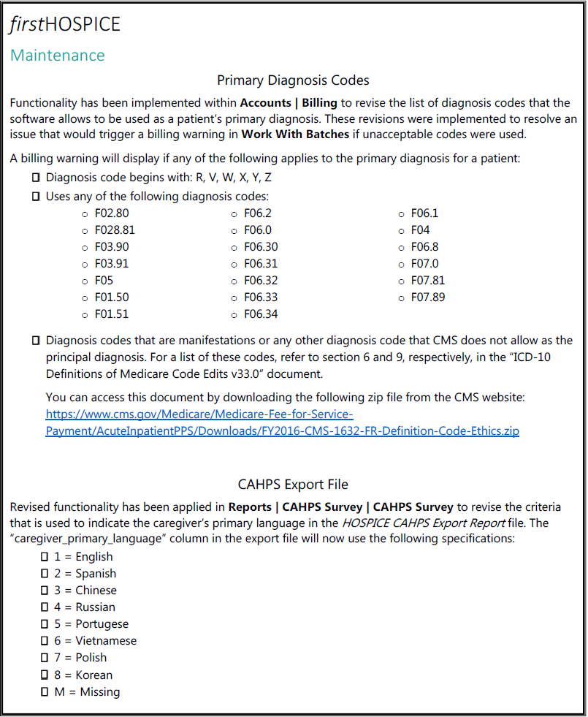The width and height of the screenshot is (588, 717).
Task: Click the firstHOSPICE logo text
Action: tap(65, 24)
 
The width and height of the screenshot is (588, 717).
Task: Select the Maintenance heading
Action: tap(57, 56)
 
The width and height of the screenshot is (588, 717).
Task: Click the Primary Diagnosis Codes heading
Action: tap(293, 80)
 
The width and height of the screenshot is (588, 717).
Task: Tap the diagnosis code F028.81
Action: tap(115, 230)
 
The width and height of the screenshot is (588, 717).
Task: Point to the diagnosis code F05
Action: tap(104, 281)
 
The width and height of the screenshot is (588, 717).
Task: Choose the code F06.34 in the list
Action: tap(261, 314)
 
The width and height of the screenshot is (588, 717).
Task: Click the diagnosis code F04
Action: tap(420, 230)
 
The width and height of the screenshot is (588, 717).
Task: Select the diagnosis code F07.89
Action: tap(427, 297)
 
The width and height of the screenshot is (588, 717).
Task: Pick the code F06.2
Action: tap(257, 213)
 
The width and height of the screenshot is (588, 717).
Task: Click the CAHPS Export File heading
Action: tap(293, 485)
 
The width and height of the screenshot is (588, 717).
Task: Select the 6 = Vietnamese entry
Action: tap(95, 641)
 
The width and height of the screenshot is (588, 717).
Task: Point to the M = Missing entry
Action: tap(87, 691)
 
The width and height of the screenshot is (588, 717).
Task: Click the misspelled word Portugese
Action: tap(102, 624)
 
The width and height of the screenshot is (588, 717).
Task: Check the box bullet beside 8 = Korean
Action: tap(45, 675)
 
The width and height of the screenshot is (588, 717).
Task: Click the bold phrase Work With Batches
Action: tap(295, 134)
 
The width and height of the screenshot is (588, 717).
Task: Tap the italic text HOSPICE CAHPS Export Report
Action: tap(423, 523)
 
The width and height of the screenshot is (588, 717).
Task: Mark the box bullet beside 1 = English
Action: tap(45, 557)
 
